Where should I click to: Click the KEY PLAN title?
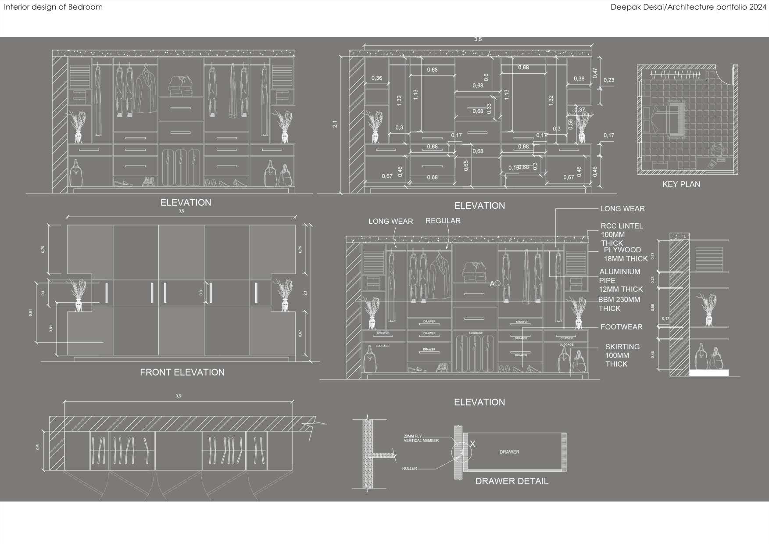click(x=681, y=184)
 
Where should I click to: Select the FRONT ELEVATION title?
click(x=182, y=372)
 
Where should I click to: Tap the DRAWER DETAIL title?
click(x=511, y=481)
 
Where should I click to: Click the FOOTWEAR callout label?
click(x=621, y=327)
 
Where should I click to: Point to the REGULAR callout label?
click(x=443, y=221)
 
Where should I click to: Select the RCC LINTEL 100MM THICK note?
click(x=621, y=234)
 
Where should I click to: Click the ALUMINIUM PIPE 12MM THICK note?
click(x=620, y=280)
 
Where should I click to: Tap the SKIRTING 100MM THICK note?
click(x=622, y=355)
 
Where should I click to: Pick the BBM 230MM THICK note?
click(x=619, y=304)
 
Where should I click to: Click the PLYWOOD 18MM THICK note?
click(x=625, y=254)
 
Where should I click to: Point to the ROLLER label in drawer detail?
click(x=409, y=469)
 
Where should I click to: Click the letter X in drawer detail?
click(x=472, y=444)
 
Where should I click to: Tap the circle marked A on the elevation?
click(x=497, y=284)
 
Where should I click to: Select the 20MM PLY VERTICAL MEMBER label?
click(x=421, y=438)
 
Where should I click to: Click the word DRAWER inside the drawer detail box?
click(x=509, y=452)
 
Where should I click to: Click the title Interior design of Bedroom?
click(x=53, y=7)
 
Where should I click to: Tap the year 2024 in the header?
click(x=757, y=7)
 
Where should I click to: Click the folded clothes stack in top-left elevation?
click(x=180, y=86)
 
